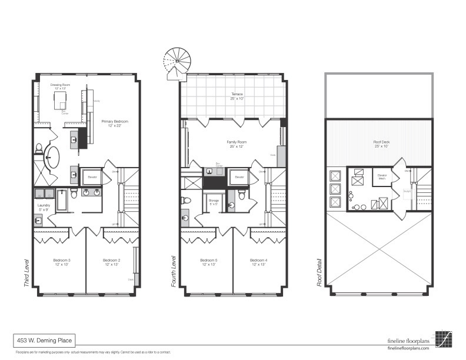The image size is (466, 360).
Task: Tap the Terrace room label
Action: point(237,96)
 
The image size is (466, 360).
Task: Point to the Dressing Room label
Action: point(59,86)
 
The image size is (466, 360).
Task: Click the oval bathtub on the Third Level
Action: point(52,158)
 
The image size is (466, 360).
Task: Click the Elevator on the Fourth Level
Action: point(239,176)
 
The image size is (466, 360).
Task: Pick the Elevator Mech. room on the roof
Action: point(382,176)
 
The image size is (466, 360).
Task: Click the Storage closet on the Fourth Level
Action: point(214,202)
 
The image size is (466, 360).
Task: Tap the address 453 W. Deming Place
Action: point(44,339)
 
